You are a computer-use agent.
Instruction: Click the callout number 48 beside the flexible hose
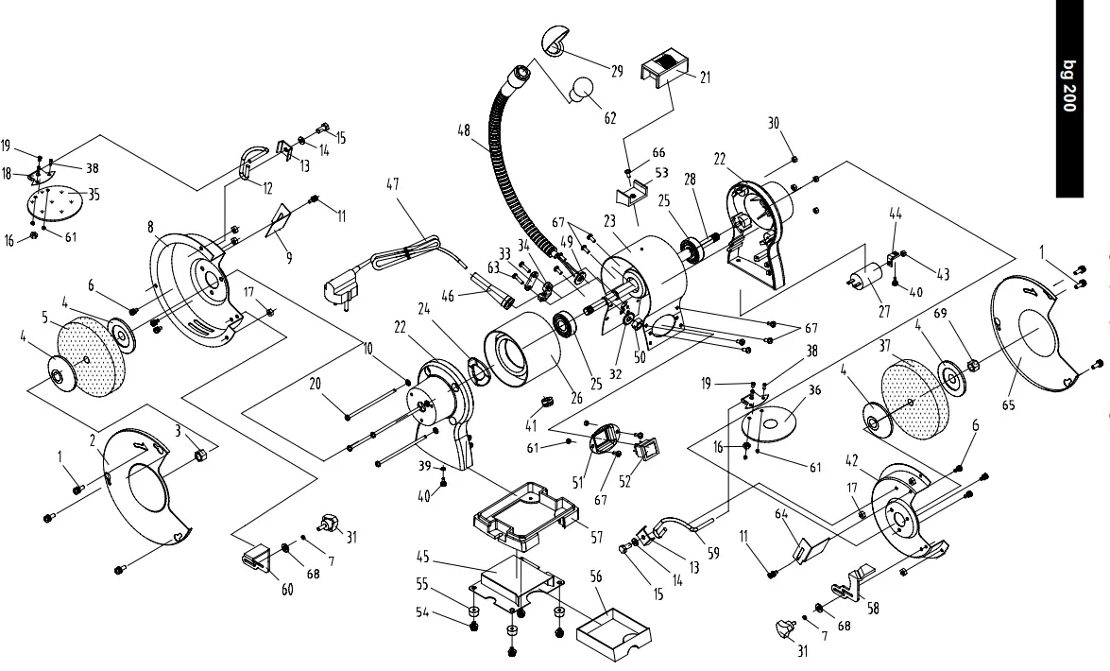tap(464, 131)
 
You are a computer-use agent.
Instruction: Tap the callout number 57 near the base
tap(596, 537)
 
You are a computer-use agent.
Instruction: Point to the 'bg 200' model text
tap(1068, 87)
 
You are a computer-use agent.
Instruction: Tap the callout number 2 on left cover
tap(94, 439)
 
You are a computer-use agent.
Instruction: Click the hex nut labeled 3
tap(199, 456)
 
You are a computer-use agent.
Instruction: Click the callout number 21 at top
tap(706, 77)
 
